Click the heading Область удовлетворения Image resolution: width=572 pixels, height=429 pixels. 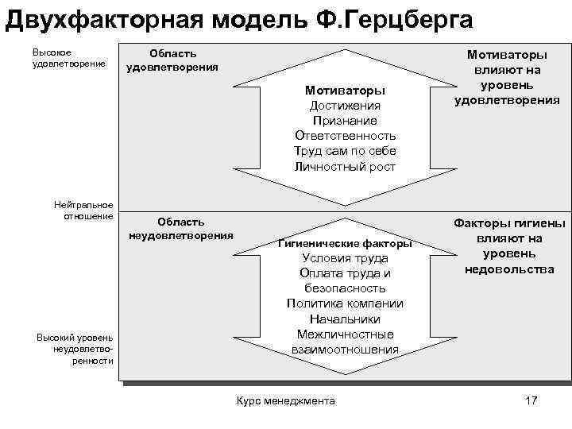tap(172, 60)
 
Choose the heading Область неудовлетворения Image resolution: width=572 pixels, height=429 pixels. tap(180, 228)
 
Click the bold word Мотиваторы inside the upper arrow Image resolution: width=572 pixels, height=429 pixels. tap(345, 90)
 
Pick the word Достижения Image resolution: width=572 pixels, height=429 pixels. tap(345, 105)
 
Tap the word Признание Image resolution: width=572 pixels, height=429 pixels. tap(345, 120)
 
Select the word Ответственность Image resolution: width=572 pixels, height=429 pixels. tap(345, 135)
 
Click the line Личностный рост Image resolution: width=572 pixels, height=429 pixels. tap(345, 166)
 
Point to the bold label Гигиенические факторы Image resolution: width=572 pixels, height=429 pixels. tap(345, 243)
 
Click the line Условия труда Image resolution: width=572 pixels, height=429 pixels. tap(345, 258)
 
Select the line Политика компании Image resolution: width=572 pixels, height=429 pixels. tap(345, 303)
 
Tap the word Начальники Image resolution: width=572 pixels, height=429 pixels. tap(345, 319)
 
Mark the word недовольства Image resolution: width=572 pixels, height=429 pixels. tap(509, 269)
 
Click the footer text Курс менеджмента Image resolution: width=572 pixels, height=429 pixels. tap(286, 400)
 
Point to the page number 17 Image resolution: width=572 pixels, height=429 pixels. tap(531, 400)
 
